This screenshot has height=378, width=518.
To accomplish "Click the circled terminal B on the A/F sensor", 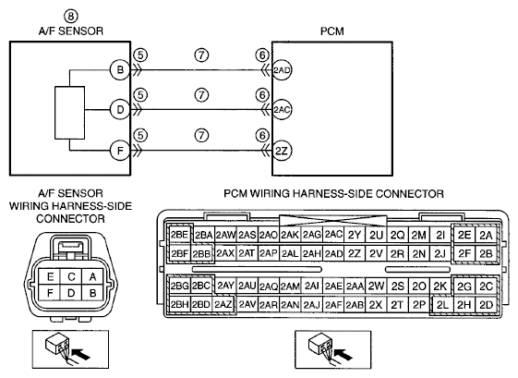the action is click(120, 70).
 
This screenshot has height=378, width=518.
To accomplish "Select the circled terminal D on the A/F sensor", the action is click(120, 109).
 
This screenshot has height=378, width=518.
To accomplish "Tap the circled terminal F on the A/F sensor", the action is click(120, 151).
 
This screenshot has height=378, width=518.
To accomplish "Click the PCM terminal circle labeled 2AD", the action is click(282, 70).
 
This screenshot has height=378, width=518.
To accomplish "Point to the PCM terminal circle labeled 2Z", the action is click(282, 151).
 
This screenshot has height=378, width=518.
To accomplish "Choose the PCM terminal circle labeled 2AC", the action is click(282, 109).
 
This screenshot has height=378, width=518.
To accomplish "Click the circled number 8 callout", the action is click(71, 17).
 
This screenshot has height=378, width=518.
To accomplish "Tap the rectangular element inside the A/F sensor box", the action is click(69, 113).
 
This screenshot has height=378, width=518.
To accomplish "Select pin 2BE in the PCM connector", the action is click(179, 235).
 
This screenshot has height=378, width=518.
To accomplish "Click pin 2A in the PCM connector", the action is click(486, 235).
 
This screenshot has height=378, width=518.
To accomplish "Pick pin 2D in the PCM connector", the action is click(486, 305).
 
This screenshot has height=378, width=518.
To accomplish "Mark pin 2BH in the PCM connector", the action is click(179, 305).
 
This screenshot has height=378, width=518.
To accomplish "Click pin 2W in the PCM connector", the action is click(376, 286).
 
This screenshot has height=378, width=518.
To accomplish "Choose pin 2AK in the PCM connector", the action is click(290, 235).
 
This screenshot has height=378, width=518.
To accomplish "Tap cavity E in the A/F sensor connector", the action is click(50, 276).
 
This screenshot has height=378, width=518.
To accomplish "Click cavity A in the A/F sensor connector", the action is click(92, 276).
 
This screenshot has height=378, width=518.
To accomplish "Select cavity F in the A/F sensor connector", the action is click(50, 293).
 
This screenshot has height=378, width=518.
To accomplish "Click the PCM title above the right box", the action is click(332, 31).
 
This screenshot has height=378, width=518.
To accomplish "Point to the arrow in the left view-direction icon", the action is click(81, 355).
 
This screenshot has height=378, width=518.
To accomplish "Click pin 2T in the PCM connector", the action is click(397, 305).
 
